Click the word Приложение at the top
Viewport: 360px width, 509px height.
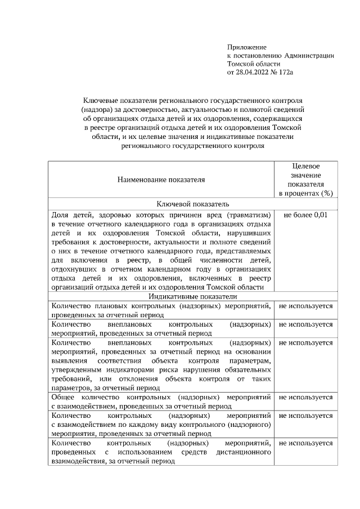point(246,47)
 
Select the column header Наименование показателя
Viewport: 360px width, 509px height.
point(161,180)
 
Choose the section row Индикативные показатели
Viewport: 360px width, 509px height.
point(192,296)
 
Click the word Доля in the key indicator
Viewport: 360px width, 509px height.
point(60,215)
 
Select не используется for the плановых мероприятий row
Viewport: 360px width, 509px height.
point(305,306)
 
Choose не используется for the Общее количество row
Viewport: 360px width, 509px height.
point(305,398)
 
